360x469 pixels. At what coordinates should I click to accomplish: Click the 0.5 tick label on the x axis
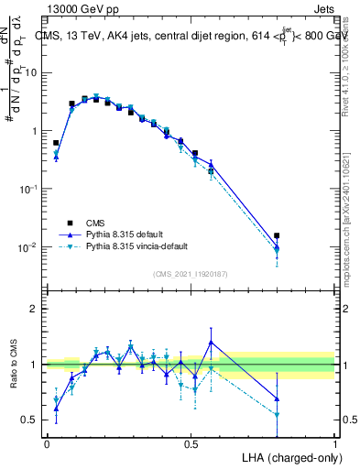(x=191, y=443)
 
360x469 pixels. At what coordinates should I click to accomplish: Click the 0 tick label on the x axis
(x=47, y=443)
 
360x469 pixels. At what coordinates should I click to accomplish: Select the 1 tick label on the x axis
(x=334, y=443)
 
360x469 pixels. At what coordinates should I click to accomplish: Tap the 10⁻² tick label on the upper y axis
(x=32, y=247)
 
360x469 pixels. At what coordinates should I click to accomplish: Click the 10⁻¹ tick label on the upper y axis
(x=32, y=189)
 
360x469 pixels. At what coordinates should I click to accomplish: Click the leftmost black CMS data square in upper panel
(x=56, y=143)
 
